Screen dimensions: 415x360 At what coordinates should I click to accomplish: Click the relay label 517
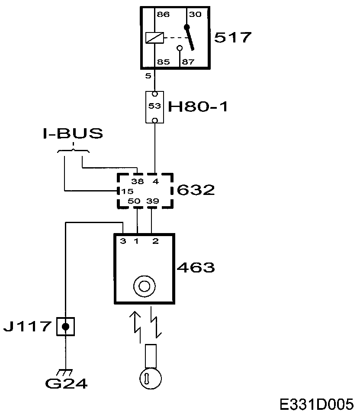point(233,37)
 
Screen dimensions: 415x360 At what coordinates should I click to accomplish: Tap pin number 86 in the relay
point(163,15)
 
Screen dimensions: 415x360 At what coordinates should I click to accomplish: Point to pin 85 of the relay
point(163,62)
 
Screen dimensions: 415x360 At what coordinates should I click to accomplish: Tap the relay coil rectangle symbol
point(154,38)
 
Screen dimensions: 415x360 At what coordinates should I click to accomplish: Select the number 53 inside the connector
point(154,106)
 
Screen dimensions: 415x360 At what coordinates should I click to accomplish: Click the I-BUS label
point(73,133)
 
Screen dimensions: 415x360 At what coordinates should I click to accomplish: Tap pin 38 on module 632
point(138,182)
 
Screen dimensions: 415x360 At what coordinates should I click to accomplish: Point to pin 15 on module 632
point(127,191)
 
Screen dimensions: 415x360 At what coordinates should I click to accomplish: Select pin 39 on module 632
point(152,201)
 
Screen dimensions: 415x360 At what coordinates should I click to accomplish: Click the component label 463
point(196,267)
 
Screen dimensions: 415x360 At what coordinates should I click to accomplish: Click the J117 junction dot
point(65,326)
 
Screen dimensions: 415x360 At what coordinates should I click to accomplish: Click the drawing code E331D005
point(317,404)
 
